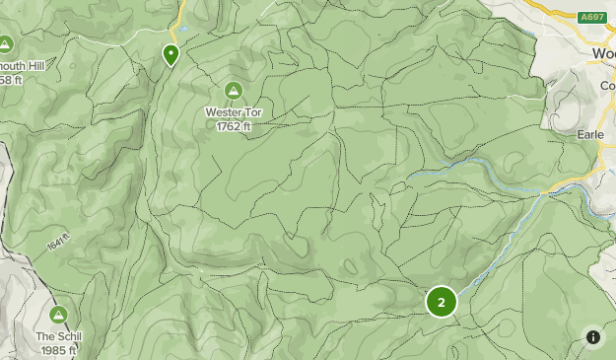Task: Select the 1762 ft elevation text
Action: click(x=235, y=125)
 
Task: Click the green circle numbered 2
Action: click(x=441, y=303)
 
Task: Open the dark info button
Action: click(x=592, y=337)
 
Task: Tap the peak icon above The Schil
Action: click(x=58, y=315)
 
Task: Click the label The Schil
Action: click(x=58, y=336)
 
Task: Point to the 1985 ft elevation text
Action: click(x=58, y=349)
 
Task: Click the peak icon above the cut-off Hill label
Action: click(x=5, y=45)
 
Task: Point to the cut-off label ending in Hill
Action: click(x=22, y=66)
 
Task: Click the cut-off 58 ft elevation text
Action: click(x=11, y=79)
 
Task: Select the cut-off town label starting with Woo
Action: click(x=603, y=53)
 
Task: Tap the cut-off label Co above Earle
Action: click(x=607, y=86)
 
